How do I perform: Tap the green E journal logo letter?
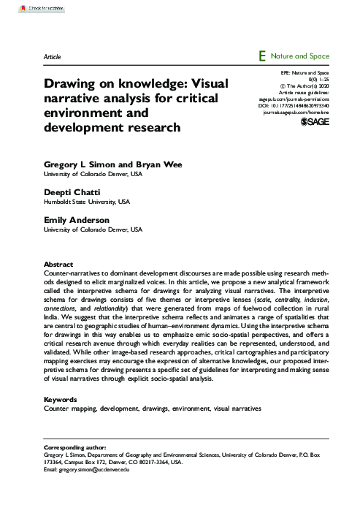261,56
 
